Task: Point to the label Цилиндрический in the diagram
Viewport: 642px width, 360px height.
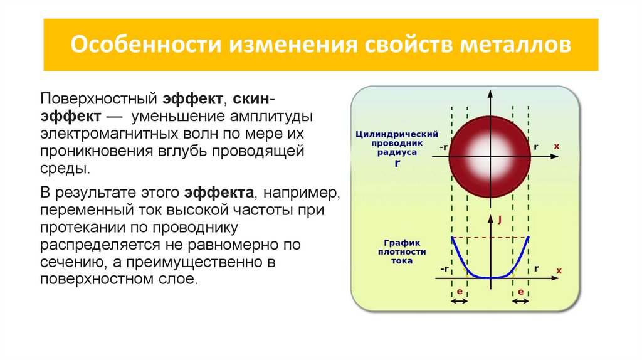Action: click(396, 134)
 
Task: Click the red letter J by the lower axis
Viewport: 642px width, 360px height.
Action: click(500, 220)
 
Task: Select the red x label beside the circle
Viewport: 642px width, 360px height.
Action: click(556, 146)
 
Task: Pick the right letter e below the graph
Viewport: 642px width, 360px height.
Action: click(521, 292)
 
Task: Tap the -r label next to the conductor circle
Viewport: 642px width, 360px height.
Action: click(444, 147)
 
